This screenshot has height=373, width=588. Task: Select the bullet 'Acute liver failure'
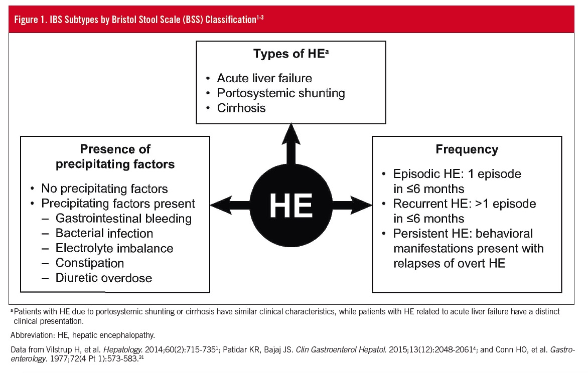(x=264, y=78)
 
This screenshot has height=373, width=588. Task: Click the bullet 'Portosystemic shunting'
(x=280, y=93)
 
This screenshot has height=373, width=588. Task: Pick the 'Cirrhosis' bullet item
(x=241, y=108)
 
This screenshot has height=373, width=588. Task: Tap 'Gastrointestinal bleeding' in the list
(x=123, y=219)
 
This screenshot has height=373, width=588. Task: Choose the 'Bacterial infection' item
(x=104, y=233)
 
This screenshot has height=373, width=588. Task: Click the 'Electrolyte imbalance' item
(x=114, y=248)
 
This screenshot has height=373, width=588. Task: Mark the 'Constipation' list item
(x=90, y=263)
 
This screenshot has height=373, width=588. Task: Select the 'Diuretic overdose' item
(x=103, y=278)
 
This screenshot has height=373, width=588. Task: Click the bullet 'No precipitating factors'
(x=104, y=189)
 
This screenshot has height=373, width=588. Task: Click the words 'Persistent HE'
(x=425, y=234)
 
